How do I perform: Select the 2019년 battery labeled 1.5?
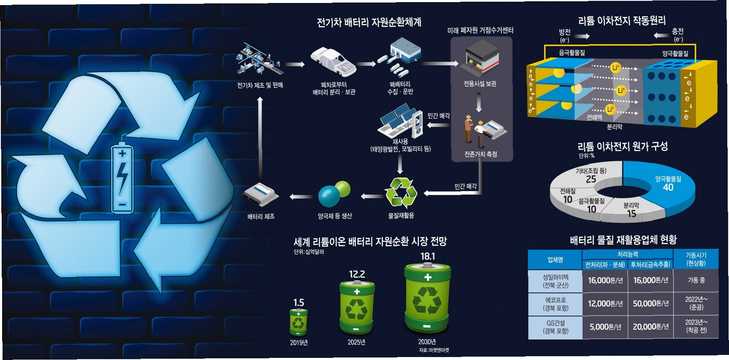click(x=299, y=323)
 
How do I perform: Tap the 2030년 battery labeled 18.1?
click(x=427, y=299)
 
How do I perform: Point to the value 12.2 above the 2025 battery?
click(x=357, y=274)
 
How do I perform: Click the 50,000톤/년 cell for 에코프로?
click(x=650, y=304)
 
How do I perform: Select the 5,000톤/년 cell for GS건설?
click(x=605, y=327)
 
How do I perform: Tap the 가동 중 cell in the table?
click(x=696, y=280)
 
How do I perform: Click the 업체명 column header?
click(x=555, y=259)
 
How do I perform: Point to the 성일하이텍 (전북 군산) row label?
click(x=555, y=281)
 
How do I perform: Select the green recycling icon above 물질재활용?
click(x=401, y=193)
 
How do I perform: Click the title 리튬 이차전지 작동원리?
click(x=622, y=21)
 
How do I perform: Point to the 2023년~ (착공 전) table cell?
click(x=696, y=326)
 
